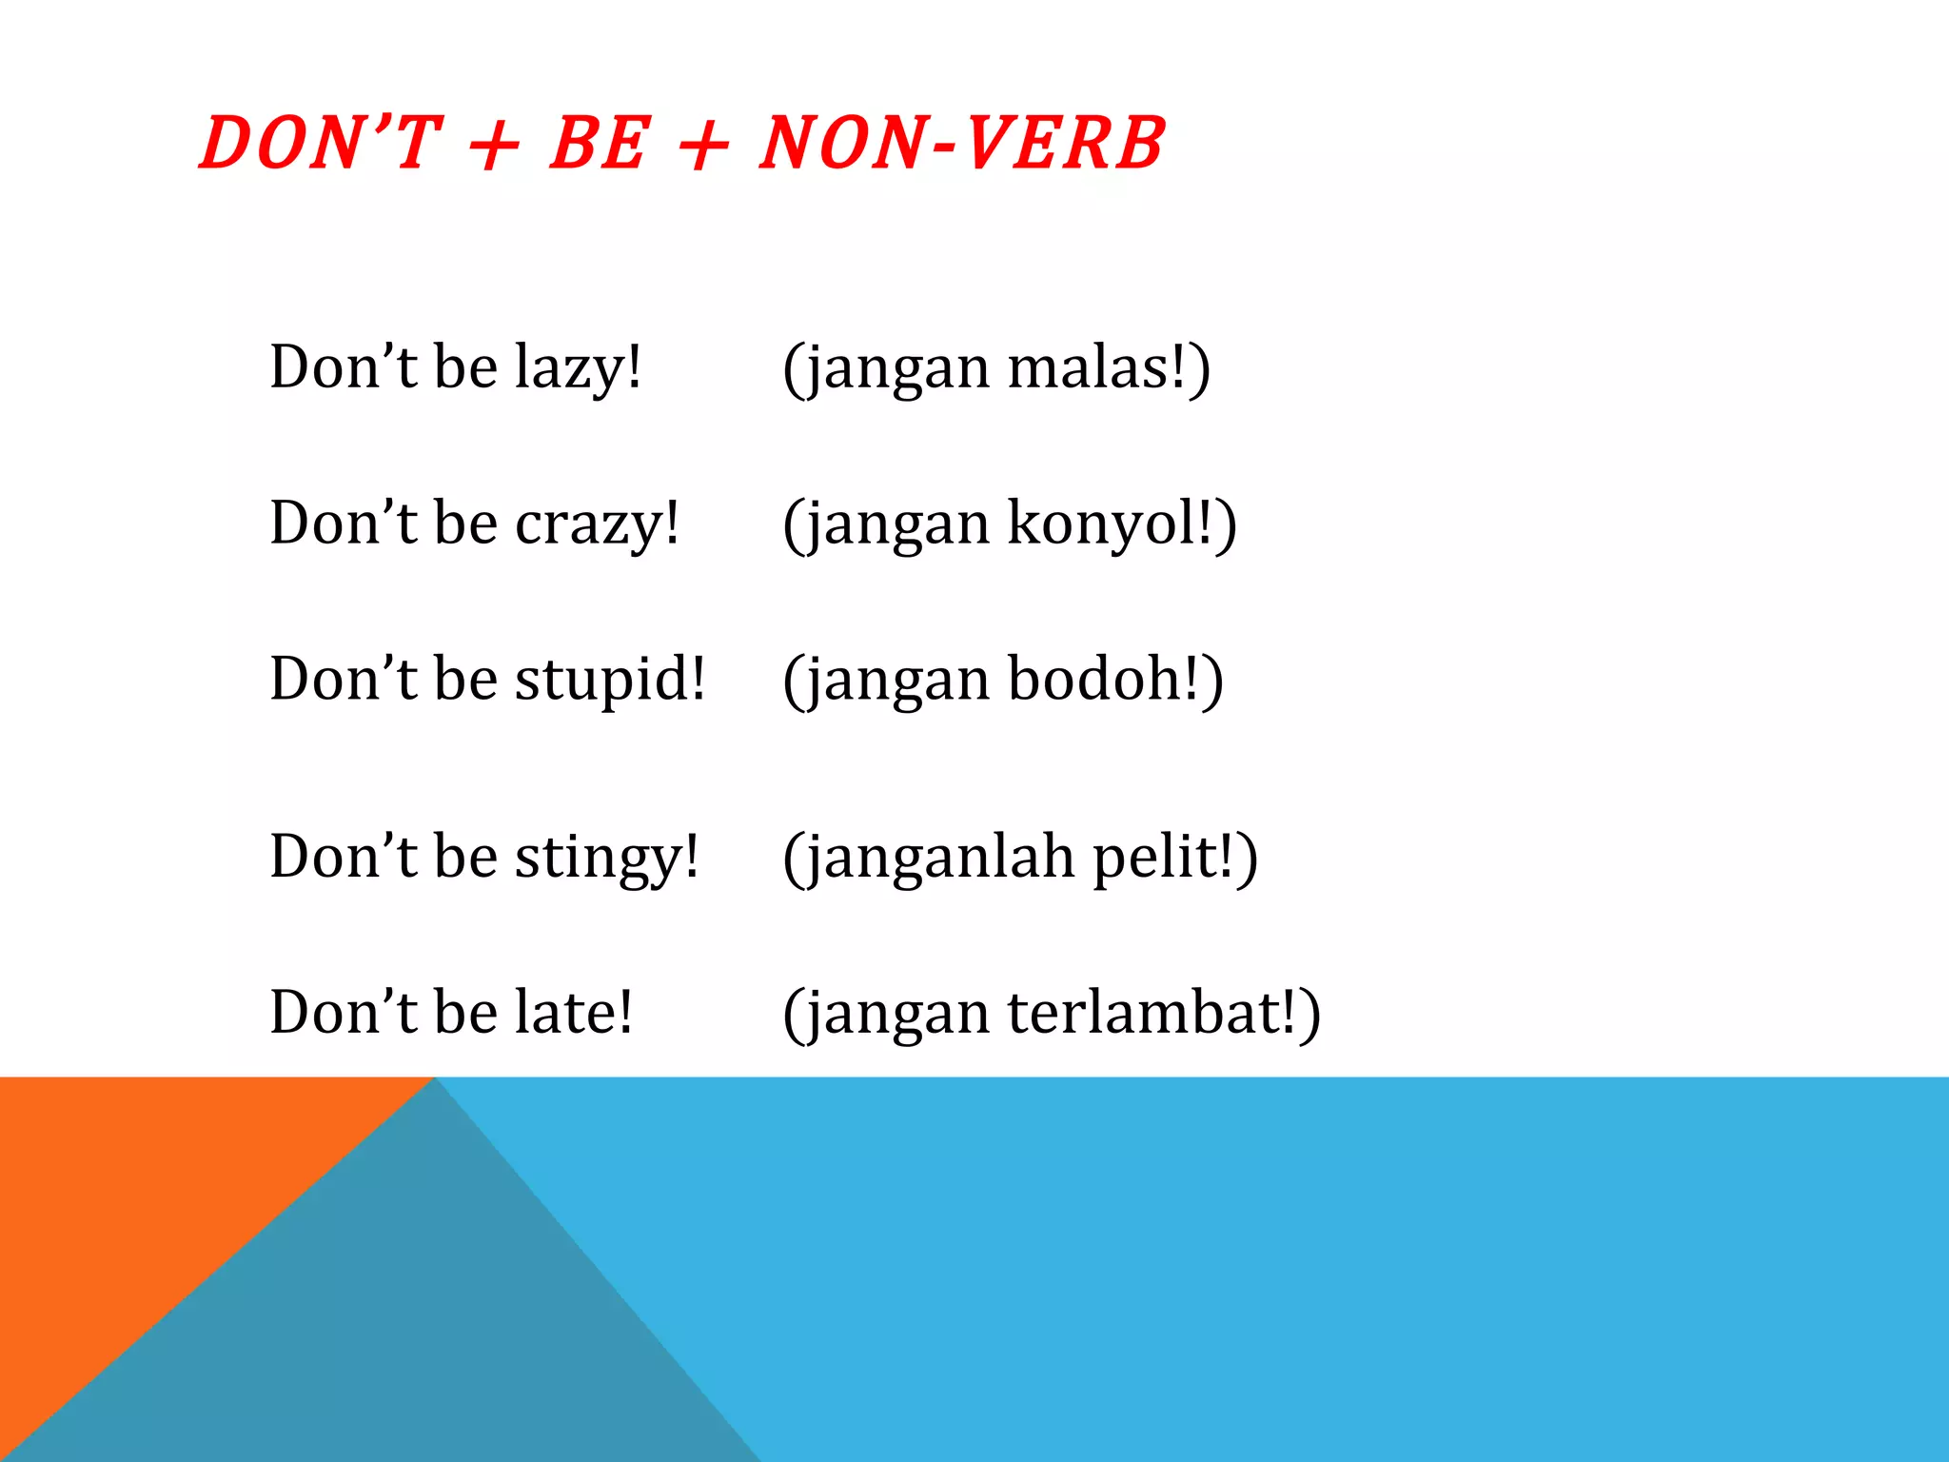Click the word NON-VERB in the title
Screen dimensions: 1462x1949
pyautogui.click(x=962, y=144)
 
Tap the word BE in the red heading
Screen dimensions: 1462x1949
pyautogui.click(x=600, y=144)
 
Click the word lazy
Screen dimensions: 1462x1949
pyautogui.click(x=577, y=368)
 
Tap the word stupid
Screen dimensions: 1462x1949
pyautogui.click(x=610, y=680)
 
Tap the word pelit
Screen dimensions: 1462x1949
pyautogui.click(x=1162, y=858)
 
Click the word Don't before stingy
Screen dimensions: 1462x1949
pyautogui.click(x=344, y=856)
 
